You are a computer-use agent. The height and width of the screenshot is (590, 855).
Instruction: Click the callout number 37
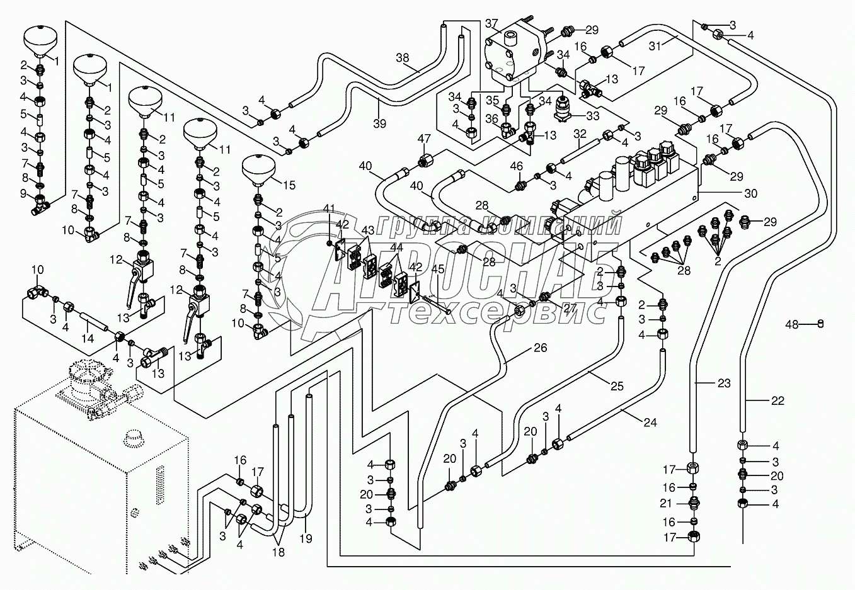pos(491,24)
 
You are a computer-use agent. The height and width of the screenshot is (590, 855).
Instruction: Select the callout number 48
pos(792,325)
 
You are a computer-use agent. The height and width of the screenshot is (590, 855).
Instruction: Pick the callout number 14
pos(88,338)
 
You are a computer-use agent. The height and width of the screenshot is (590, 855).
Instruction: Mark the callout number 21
pos(670,504)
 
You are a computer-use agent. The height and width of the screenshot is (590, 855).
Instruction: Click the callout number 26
pos(541,348)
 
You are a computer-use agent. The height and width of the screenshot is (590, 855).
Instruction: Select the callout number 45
pos(438,269)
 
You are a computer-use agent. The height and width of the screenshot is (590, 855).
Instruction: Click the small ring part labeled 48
pos(820,324)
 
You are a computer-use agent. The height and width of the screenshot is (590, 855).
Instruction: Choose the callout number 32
pos(580,134)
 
